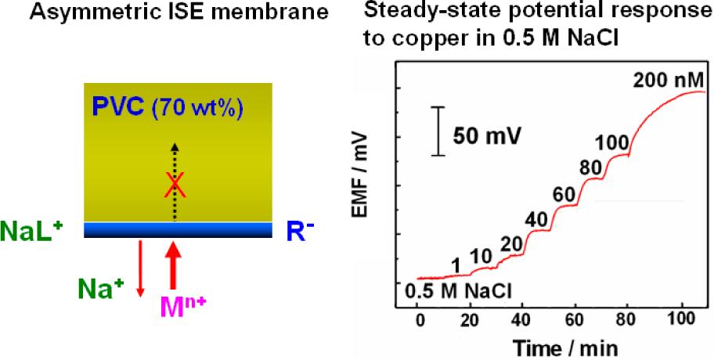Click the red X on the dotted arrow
point(175,185)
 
